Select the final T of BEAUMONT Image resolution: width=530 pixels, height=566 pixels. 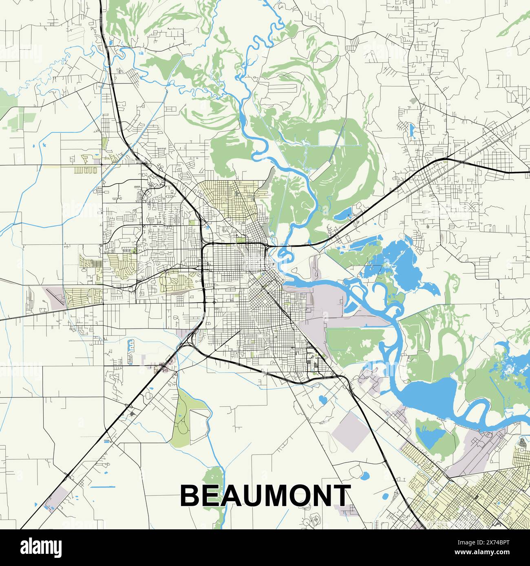click(x=340, y=496)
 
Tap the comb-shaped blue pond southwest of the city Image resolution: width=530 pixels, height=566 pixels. click(x=131, y=346)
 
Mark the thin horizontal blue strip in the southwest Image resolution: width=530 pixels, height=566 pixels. click(x=102, y=487)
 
